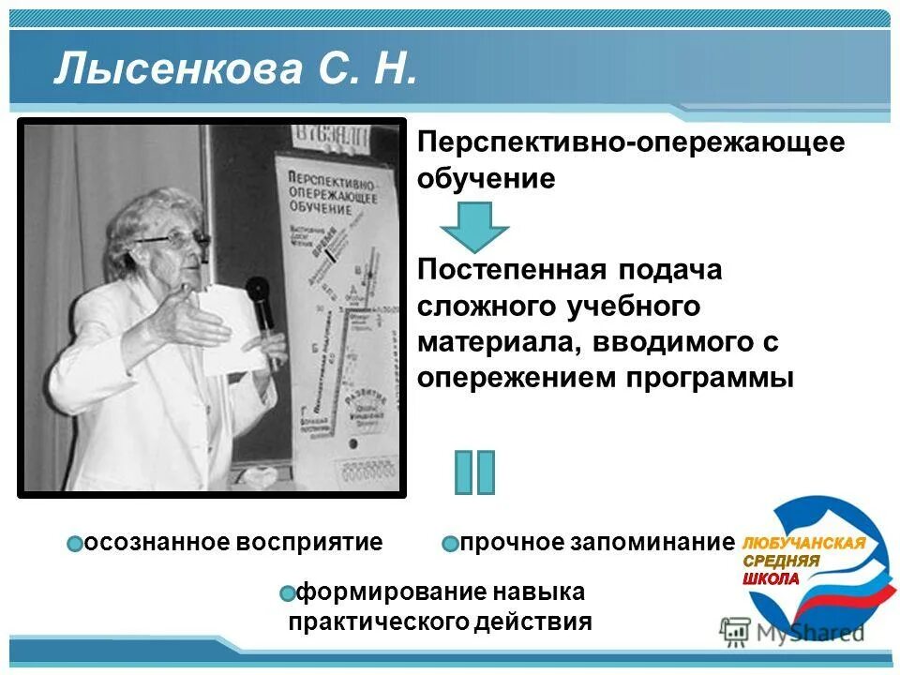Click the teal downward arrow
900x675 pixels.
(474, 226)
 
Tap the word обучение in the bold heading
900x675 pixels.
(487, 178)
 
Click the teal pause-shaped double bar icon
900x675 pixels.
(474, 472)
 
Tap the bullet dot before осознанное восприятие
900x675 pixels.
(76, 544)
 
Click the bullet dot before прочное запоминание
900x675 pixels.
(450, 544)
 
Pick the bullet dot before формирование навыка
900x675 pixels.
(288, 593)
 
